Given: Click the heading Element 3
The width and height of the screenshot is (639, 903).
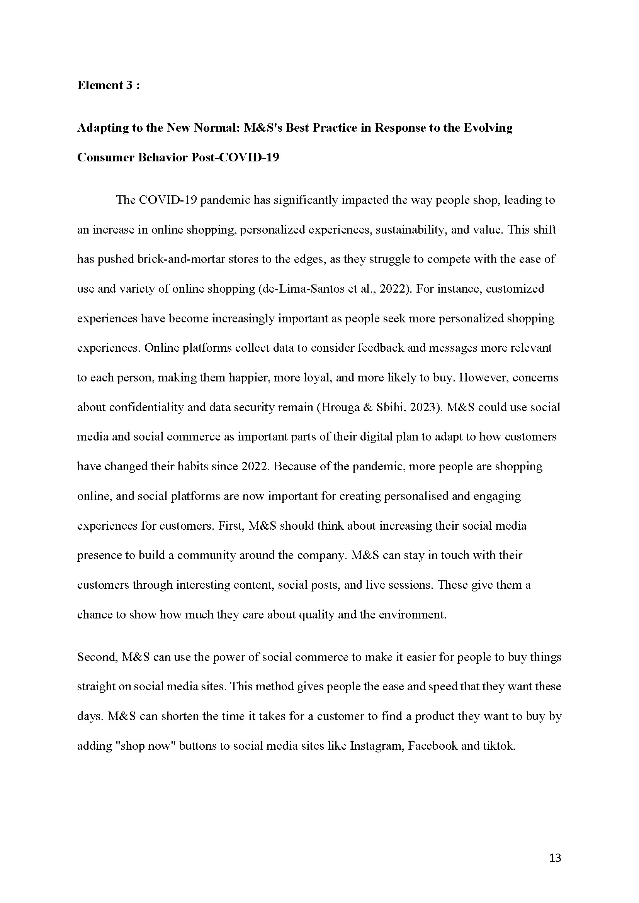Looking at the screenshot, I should pos(108,85).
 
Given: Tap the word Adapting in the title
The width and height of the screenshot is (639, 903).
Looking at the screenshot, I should pos(100,128).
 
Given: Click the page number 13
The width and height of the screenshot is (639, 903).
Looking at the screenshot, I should pos(555,858).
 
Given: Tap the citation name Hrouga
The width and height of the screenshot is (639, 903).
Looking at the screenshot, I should pos(340,407).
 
